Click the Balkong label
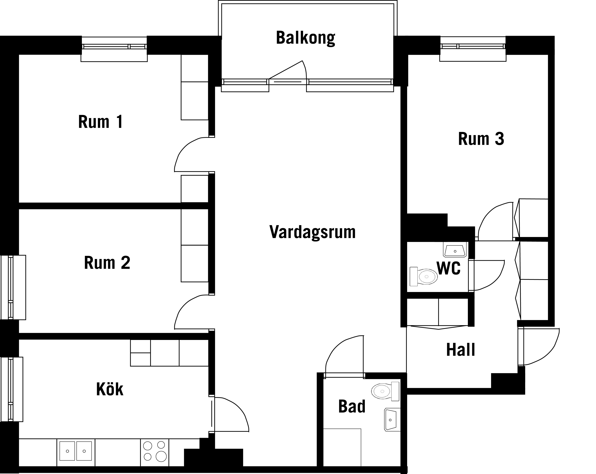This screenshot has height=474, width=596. point(305,38)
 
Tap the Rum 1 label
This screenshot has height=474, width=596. point(101,122)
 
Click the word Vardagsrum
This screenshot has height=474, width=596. point(312,232)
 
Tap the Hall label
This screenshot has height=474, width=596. point(461,350)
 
